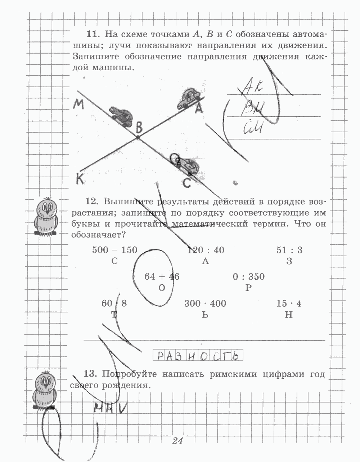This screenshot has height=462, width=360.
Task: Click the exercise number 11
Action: (x=92, y=35)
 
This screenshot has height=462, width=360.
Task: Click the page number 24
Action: (x=177, y=440)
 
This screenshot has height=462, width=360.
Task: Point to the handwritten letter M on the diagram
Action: (x=78, y=105)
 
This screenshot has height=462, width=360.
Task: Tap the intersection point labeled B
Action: (x=137, y=137)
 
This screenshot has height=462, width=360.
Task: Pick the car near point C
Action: (x=188, y=166)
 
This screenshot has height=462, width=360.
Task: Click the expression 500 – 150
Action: (x=114, y=250)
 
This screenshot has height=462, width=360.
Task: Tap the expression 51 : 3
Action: (x=289, y=250)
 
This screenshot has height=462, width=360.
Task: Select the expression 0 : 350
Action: (x=248, y=277)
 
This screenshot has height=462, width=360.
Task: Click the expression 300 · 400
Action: (x=205, y=303)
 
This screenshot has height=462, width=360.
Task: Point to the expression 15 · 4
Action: (x=289, y=303)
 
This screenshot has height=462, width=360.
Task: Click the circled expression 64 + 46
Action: (x=162, y=277)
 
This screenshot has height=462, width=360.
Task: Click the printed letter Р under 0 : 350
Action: (x=248, y=288)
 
